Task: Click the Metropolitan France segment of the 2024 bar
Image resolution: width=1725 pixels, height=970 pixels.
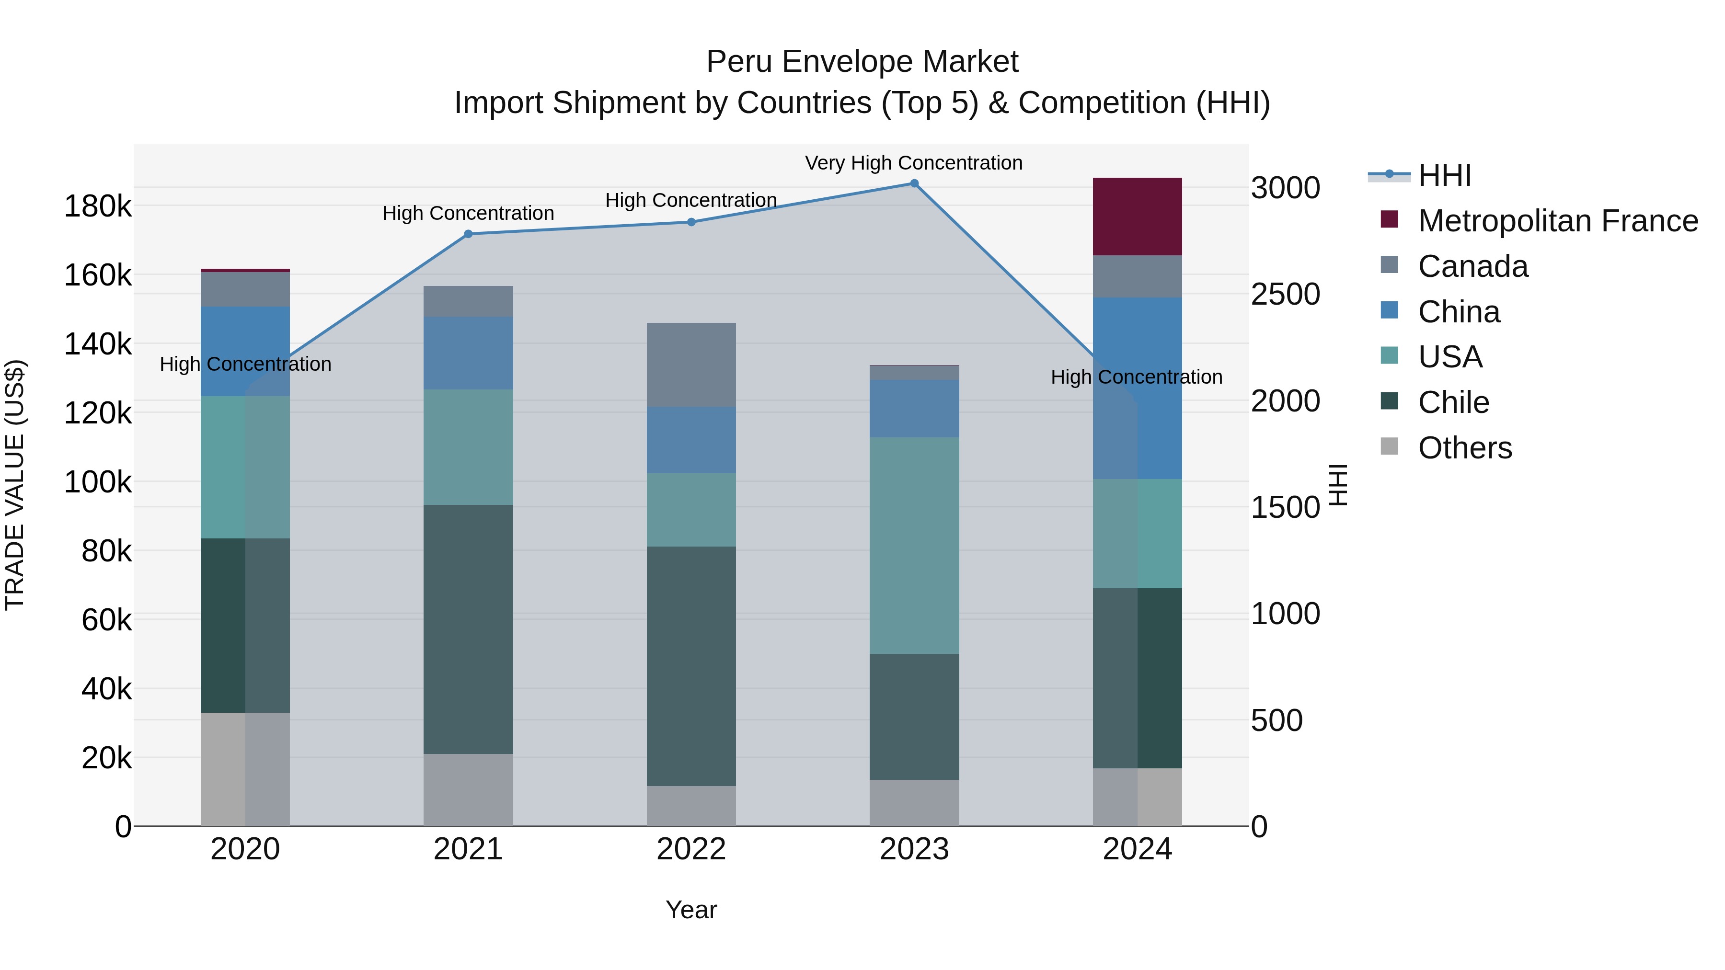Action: [x=1137, y=216]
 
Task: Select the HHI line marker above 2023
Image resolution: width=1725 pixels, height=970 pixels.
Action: [x=914, y=183]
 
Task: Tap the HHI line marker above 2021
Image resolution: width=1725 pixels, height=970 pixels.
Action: [x=468, y=234]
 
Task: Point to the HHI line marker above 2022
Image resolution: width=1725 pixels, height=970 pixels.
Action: [x=691, y=222]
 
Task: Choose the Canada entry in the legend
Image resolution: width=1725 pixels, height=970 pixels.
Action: [x=1472, y=266]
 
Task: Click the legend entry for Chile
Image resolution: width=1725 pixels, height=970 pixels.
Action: [x=1453, y=402]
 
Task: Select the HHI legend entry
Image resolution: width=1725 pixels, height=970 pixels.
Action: [x=1444, y=175]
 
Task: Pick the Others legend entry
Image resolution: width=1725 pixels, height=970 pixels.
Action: [x=1464, y=448]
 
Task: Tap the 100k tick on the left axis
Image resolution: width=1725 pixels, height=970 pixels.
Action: [x=98, y=482]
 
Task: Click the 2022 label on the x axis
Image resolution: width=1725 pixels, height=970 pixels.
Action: [x=691, y=849]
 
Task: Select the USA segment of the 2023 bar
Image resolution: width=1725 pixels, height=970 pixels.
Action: [x=914, y=545]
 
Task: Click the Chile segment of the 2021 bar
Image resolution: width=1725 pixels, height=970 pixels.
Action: [x=468, y=629]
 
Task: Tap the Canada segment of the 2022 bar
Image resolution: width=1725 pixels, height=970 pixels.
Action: [x=691, y=365]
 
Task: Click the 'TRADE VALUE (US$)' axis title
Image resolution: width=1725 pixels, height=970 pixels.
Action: [x=15, y=485]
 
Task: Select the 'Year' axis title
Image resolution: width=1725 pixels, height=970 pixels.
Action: [x=691, y=910]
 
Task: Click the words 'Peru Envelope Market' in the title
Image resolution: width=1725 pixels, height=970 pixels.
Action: [x=862, y=62]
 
